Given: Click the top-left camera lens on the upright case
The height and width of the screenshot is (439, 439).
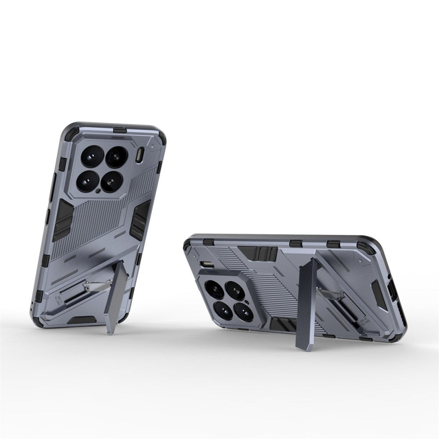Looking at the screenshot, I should (93, 155).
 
